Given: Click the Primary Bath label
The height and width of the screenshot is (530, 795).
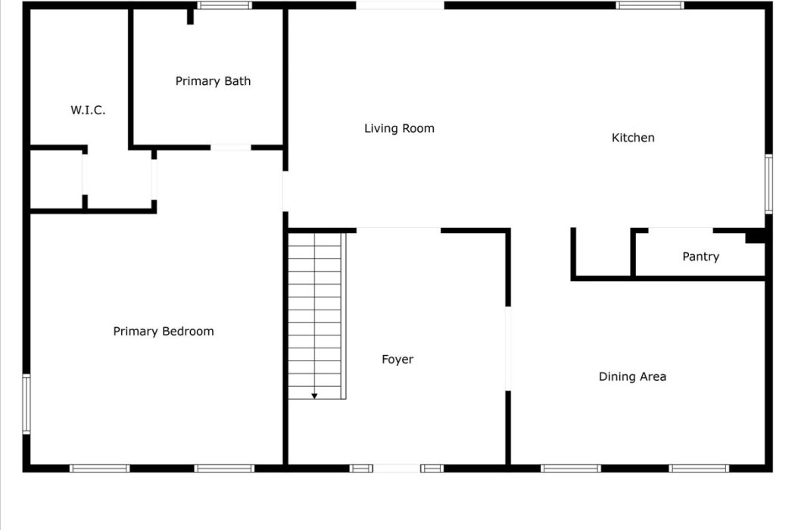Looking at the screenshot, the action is point(213,81).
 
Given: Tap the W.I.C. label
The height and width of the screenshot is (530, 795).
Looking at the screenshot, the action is point(89,110).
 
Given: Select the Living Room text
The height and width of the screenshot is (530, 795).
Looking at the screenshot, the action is point(399,128).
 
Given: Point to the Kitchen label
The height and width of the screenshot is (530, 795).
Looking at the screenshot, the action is point(633,138).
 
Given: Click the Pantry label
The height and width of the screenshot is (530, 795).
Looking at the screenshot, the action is point(700,257).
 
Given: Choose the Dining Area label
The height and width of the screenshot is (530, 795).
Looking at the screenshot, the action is point(632,376).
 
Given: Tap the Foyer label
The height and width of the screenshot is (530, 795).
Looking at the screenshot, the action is point(397,360).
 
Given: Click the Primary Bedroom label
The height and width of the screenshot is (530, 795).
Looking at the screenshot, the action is point(164,331).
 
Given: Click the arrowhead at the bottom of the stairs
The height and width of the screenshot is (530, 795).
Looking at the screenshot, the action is point(314,395).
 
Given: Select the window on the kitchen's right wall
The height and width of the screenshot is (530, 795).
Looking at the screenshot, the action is point(768,183).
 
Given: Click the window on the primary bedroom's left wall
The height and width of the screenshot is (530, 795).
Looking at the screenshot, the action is point(26,404).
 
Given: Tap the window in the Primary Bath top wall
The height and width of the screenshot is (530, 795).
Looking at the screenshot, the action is point(225,5).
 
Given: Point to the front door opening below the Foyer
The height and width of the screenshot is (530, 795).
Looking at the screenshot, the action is point(397,468).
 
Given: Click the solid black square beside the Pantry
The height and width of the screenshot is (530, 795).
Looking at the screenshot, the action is point(755,235).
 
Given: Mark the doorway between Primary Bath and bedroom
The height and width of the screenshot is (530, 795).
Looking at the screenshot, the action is point(231,148).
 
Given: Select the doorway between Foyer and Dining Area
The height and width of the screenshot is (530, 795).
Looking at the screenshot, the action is point(508,348).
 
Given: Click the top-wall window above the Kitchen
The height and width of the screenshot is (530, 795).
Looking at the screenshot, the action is point(650,5).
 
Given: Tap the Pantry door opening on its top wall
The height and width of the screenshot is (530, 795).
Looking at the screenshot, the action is point(681,231).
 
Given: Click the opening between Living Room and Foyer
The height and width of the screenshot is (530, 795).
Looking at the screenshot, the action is point(398,231).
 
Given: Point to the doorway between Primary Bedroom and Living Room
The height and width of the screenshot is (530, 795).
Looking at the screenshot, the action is point(285,192).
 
